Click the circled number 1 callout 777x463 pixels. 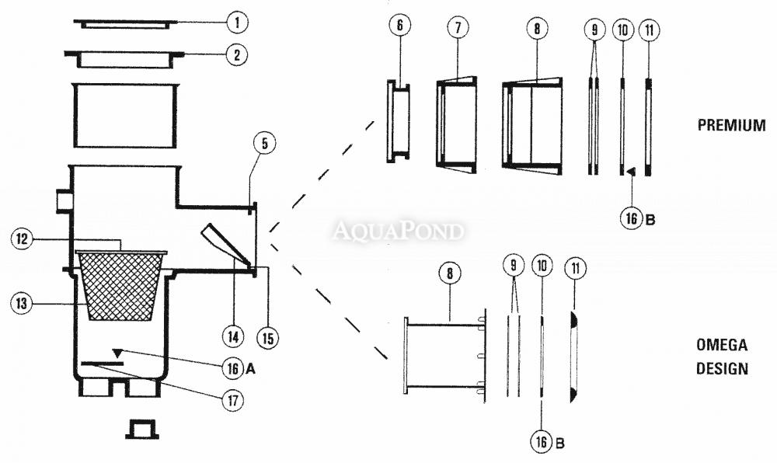click(237, 23)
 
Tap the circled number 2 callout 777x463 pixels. click(236, 54)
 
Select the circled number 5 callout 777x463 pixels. click(265, 144)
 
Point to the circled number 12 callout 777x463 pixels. click(21, 239)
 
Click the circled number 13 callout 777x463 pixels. click(21, 303)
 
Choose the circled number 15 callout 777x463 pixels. click(267, 338)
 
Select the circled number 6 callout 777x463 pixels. click(400, 26)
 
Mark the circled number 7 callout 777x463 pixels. click(458, 27)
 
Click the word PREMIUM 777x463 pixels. click(731, 125)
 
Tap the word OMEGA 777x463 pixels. click(722, 345)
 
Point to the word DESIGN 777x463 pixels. click(722, 369)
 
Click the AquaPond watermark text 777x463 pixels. click(398, 231)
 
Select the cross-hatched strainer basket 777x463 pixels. click(121, 286)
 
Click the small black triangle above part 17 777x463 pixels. click(117, 353)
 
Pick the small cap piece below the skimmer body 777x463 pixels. click(142, 430)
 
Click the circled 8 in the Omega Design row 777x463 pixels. click(449, 273)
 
